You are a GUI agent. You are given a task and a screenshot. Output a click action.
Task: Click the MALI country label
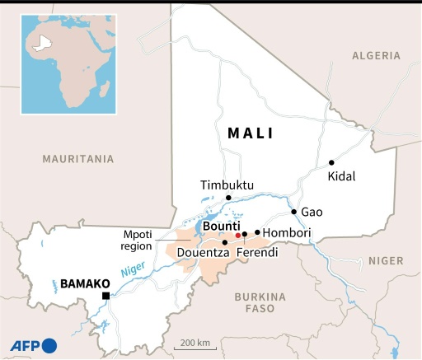pyautogui.click(x=251, y=133)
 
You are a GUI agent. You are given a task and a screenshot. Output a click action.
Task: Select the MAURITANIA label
pyautogui.click(x=78, y=158)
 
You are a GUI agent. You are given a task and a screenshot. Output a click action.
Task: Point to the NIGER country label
pyautogui.click(x=386, y=260)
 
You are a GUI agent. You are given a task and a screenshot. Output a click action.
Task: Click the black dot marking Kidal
pyautogui.click(x=331, y=163)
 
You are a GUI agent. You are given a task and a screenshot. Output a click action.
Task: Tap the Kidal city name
pyautogui.click(x=342, y=177)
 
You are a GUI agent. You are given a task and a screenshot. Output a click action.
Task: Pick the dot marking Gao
pyautogui.click(x=293, y=211)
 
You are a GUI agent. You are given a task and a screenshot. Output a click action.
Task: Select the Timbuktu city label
pyautogui.click(x=227, y=185)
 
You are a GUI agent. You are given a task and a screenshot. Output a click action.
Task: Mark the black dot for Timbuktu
pyautogui.click(x=228, y=198)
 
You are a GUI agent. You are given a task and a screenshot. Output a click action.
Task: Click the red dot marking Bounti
pyautogui.click(x=238, y=235)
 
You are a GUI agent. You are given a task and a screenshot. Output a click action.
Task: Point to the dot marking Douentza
pyautogui.click(x=225, y=243)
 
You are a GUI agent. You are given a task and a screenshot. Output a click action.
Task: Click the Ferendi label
pyautogui.click(x=256, y=254)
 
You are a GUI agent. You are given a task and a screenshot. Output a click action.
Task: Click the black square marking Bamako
pyautogui.click(x=105, y=296)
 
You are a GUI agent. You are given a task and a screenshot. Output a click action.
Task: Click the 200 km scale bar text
pyautogui.click(x=195, y=342)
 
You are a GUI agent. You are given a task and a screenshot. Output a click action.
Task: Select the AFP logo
pyautogui.click(x=33, y=345)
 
